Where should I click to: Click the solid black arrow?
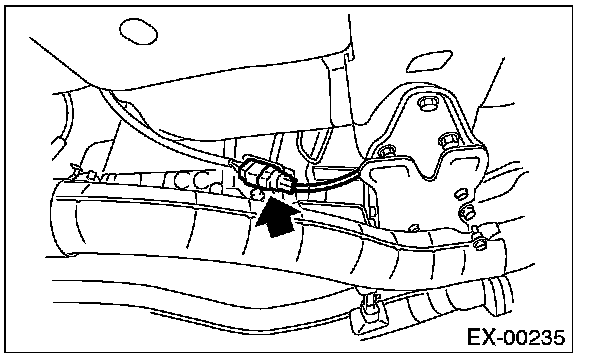pyautogui.click(x=276, y=217)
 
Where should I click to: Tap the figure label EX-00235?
pyautogui.click(x=516, y=337)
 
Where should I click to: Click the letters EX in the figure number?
pyautogui.click(x=482, y=337)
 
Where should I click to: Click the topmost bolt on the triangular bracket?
pyautogui.click(x=427, y=104)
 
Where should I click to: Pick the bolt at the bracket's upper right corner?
pyautogui.click(x=449, y=140)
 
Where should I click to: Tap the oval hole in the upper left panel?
pyautogui.click(x=138, y=31)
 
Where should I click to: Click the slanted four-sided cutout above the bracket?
pyautogui.click(x=430, y=61)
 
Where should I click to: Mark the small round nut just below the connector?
pyautogui.click(x=257, y=194)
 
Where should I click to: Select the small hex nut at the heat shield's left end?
pyautogui.click(x=90, y=175)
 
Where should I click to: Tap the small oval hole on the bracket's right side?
pyautogui.click(x=460, y=194)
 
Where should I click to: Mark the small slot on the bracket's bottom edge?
pyautogui.click(x=413, y=228)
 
